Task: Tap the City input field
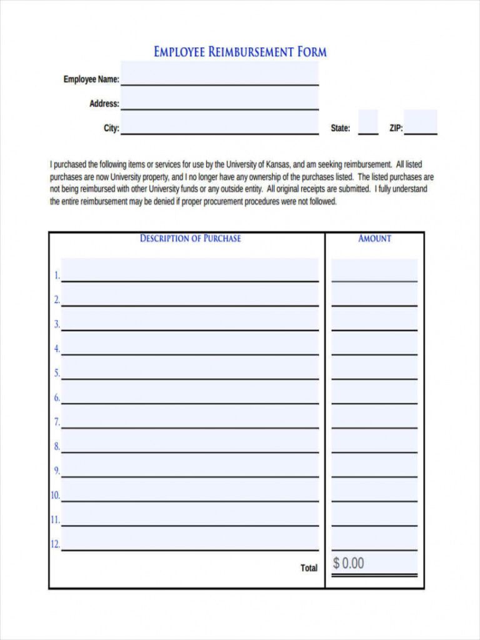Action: point(219,124)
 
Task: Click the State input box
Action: point(368,122)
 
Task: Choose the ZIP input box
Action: point(421,122)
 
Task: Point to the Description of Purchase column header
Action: point(190,238)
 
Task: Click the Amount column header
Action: point(374,238)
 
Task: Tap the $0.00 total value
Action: point(348,563)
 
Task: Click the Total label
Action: point(309,568)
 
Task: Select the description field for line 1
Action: point(190,271)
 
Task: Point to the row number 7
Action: point(56,422)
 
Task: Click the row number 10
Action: point(55,496)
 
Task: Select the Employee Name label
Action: point(91,79)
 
